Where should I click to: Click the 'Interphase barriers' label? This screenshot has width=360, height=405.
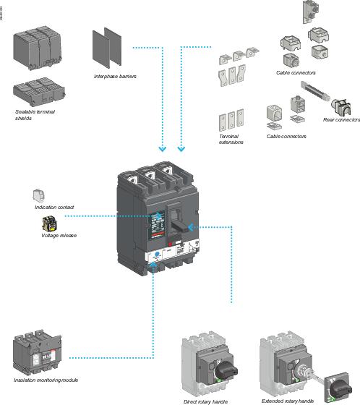(x=115, y=76)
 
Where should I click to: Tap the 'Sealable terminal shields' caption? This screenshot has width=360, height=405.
(x=35, y=114)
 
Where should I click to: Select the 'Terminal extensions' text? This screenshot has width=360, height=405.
(x=231, y=139)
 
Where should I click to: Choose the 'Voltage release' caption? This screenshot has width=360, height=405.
(x=59, y=235)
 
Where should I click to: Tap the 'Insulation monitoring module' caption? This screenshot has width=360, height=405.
(x=45, y=380)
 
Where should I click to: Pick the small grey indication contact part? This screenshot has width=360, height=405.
(x=39, y=195)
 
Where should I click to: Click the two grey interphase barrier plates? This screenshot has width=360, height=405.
(x=106, y=48)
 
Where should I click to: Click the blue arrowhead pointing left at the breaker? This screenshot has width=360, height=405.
(x=192, y=227)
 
